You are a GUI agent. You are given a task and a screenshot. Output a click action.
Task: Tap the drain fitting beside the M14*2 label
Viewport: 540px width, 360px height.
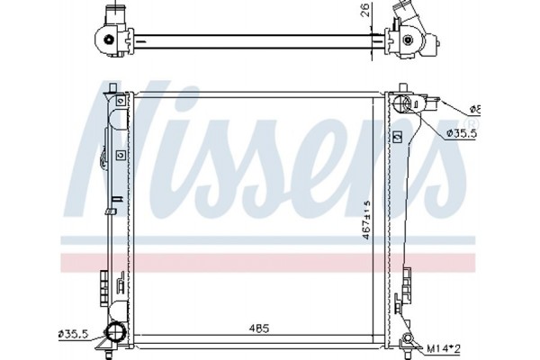(x=409, y=341)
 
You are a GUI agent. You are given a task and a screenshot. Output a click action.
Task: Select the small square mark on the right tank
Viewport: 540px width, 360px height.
(x=396, y=137)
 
